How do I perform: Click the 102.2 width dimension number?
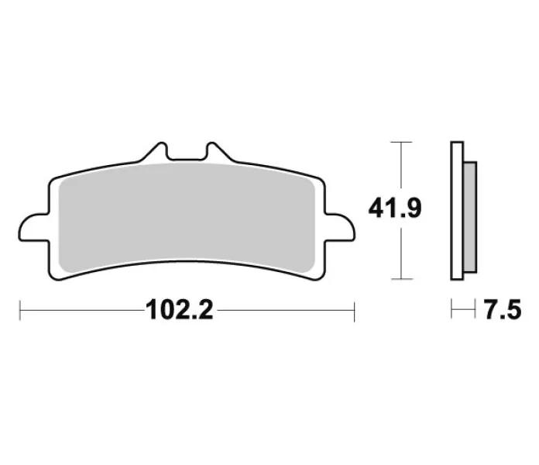(x=180, y=310)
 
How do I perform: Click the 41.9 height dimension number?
(x=395, y=208)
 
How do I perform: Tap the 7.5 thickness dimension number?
(x=503, y=310)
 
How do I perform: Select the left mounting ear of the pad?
(x=34, y=227)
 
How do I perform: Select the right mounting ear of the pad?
(x=340, y=227)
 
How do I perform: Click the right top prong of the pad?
(x=218, y=151)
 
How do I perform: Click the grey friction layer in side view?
(x=469, y=217)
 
